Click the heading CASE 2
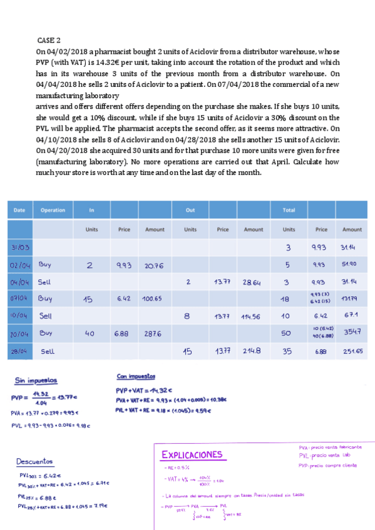tap(49, 39)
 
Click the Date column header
tap(19, 210)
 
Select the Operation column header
tap(53, 210)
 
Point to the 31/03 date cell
tap(20, 247)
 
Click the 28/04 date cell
tap(21, 351)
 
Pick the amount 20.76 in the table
tap(154, 266)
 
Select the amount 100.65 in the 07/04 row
tap(154, 299)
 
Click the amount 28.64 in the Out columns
tap(253, 282)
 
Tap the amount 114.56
tap(253, 317)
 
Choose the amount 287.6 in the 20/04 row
tap(154, 334)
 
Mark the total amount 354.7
tap(352, 334)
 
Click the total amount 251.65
tap(352, 351)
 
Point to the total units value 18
tap(286, 299)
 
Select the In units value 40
tap(89, 334)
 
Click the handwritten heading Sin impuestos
tap(36, 379)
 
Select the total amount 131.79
tap(352, 299)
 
